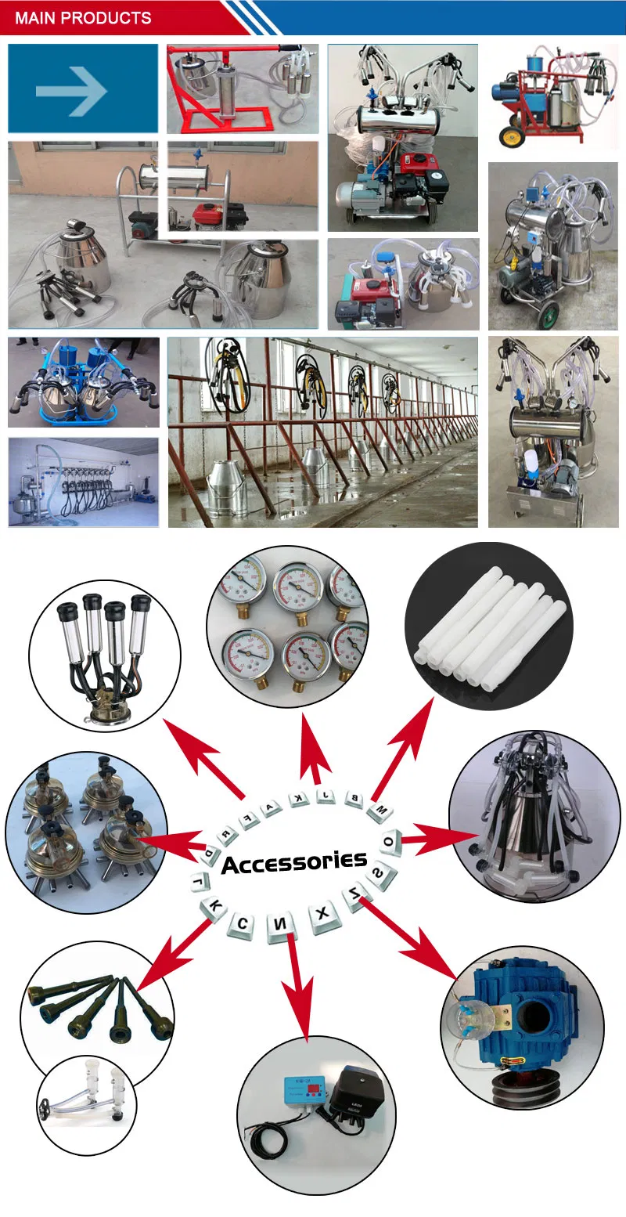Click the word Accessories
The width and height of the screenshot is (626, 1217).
tap(293, 862)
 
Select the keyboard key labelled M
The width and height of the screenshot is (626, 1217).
tap(380, 811)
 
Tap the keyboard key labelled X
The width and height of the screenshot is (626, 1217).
tap(321, 915)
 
